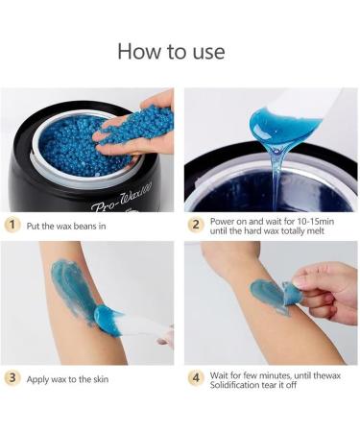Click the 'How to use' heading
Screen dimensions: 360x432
171,51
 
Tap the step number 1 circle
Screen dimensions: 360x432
12,225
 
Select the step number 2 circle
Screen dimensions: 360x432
196,225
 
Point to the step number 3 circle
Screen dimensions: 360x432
12,377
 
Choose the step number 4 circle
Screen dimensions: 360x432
196,377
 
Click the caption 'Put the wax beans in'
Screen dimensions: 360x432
66,227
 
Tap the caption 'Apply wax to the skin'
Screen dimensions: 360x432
67,379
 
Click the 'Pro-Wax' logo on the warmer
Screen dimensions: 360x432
123,199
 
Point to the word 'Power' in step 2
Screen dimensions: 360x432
221,222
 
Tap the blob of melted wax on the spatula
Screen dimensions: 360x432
281,125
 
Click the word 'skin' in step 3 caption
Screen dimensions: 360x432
101,379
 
